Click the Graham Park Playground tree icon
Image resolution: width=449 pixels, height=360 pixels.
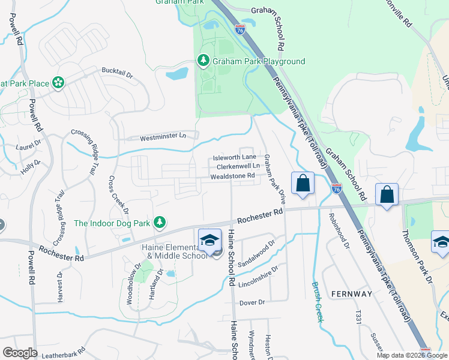203,61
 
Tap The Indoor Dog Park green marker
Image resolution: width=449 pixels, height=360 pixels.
159,223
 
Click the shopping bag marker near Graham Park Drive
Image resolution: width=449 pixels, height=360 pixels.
303,182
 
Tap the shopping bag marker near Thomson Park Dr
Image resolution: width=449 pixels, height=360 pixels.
387,194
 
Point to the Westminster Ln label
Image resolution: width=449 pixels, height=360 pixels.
163,137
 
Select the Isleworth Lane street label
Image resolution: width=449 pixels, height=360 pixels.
236,158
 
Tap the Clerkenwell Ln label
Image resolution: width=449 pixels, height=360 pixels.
238,166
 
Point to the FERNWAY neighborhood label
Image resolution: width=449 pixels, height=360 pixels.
351,293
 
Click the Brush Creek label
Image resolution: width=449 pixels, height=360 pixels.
317,302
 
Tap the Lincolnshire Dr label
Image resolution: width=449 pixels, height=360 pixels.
258,275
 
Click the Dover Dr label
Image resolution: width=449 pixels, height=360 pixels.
252,302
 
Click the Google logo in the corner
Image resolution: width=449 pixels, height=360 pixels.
20,353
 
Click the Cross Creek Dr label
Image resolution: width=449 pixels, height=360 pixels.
118,194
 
